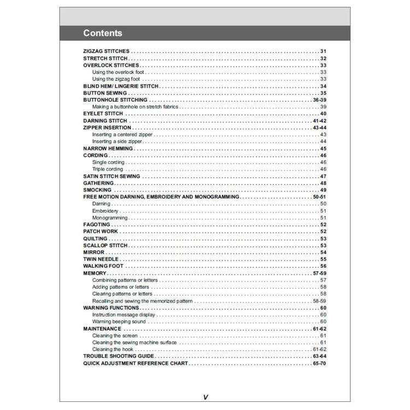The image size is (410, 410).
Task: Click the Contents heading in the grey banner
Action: pos(103,33)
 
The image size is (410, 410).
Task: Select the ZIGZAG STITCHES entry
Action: pos(106,51)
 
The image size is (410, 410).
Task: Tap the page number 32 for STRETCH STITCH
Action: pos(323,58)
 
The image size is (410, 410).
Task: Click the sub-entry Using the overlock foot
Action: pos(118,72)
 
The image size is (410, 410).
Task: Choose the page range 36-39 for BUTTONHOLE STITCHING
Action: pos(319,101)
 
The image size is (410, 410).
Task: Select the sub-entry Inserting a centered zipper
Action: pos(122,134)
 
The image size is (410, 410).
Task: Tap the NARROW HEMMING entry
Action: pos(108,149)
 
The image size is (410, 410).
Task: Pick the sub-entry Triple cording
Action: pos(108,169)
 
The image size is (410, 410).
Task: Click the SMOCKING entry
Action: pos(97,190)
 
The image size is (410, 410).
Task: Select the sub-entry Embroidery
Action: pos(105,211)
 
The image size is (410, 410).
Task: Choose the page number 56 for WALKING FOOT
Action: pos(323,266)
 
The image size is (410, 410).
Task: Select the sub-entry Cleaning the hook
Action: pos(113,349)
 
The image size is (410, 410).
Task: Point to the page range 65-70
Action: pos(319,363)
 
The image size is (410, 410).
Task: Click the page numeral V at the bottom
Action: pos(205,397)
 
